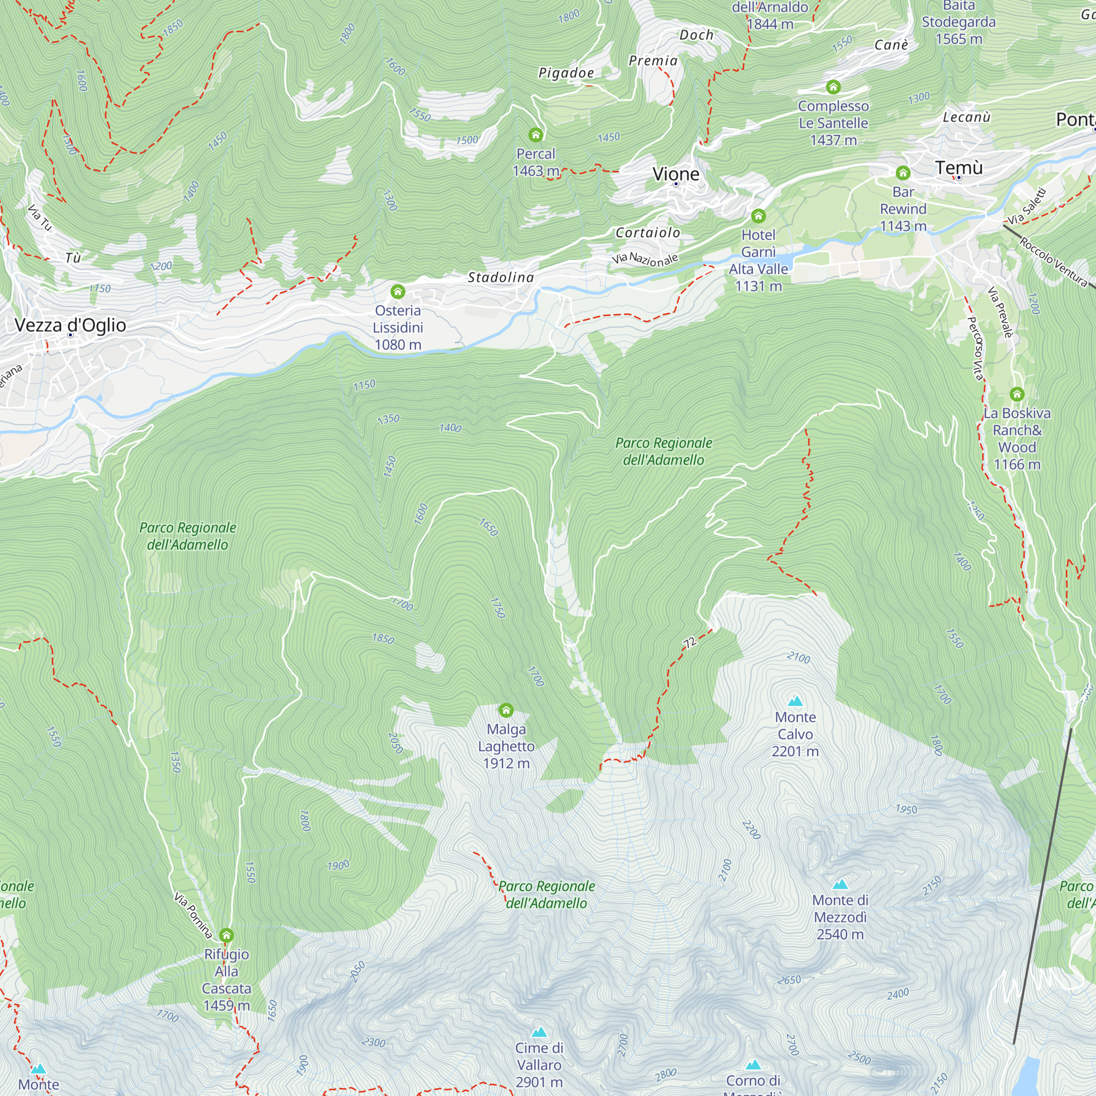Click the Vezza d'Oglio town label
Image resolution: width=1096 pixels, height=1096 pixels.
[70, 325]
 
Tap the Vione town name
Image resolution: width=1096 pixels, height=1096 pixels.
[676, 174]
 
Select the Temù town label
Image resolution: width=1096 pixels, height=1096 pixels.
[958, 168]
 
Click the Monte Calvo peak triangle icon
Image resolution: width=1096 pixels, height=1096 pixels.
[795, 701]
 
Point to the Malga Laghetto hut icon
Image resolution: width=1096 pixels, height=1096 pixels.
[506, 710]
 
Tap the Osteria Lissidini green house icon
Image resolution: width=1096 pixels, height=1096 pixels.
[398, 292]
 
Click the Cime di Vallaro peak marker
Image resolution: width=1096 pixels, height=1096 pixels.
[539, 1032]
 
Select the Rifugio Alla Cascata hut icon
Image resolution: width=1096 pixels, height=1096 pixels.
[226, 935]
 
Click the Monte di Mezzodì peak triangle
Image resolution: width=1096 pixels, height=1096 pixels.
[840, 884]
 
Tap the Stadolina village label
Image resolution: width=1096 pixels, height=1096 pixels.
[500, 277]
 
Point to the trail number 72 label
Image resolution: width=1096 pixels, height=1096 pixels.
[689, 643]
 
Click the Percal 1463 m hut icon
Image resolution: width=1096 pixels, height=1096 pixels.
[535, 134]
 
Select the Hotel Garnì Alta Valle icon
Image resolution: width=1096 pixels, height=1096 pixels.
[758, 215]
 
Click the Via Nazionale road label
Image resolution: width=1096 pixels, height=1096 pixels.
[644, 259]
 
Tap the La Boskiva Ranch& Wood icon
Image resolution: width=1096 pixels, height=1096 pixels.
[1017, 393]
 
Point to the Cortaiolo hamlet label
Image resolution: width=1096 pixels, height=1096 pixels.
[648, 232]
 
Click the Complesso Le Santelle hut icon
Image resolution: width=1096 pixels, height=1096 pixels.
[833, 87]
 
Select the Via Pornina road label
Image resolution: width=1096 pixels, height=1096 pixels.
[193, 915]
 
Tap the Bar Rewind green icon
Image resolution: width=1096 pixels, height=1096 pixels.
[903, 173]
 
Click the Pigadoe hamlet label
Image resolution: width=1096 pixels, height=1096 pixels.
[566, 73]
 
